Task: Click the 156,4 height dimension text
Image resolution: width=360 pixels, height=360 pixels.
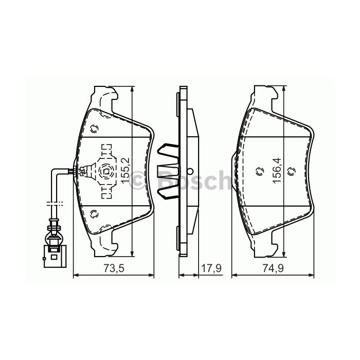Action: [x=276, y=172]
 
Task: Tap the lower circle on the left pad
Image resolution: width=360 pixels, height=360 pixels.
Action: [x=94, y=213]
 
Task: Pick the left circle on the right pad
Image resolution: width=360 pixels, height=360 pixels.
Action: [x=258, y=172]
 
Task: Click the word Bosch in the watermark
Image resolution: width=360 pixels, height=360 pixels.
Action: [x=191, y=180]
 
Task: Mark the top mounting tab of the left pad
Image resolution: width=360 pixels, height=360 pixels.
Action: [x=106, y=96]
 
